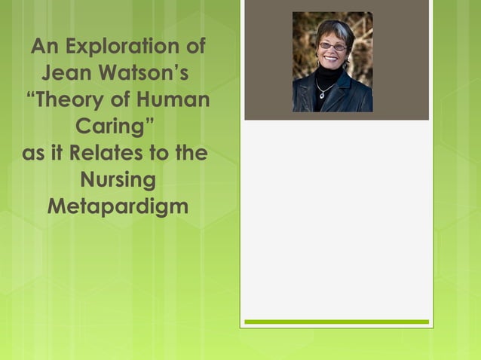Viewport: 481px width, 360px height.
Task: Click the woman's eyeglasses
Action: [x=332, y=46]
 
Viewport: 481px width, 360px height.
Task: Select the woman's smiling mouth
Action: [x=332, y=59]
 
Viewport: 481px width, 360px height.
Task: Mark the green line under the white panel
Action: [x=336, y=322]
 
